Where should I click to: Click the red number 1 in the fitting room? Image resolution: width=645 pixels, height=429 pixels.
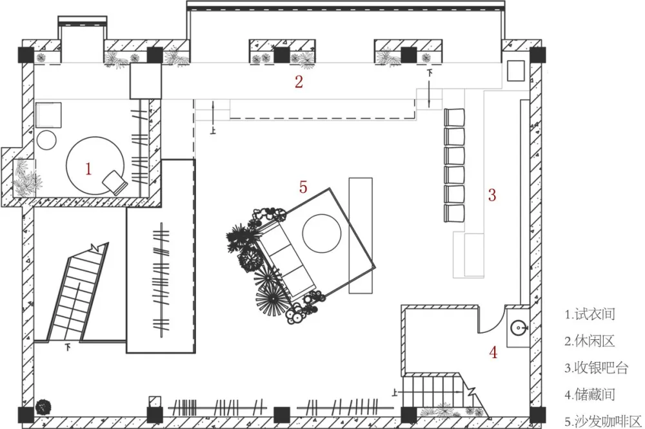point(88,168)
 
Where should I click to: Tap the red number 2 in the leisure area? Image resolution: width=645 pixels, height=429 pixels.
point(299,81)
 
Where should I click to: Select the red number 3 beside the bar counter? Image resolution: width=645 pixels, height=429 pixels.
point(492,195)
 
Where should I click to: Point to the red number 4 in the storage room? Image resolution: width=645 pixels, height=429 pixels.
point(493,352)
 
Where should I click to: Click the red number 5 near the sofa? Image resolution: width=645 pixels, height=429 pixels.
point(303,187)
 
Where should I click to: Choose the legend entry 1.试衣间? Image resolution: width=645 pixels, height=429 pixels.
point(590,314)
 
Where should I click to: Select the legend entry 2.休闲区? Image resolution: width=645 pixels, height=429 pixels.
point(590,341)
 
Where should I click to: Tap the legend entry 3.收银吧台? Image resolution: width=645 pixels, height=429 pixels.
point(597,368)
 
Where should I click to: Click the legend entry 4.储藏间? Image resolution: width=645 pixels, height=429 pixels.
point(590,394)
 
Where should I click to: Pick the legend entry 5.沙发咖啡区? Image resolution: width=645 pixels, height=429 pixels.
point(603,421)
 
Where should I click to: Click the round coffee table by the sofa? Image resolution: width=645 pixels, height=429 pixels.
point(322,234)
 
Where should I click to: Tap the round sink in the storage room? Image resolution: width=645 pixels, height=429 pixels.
point(519,328)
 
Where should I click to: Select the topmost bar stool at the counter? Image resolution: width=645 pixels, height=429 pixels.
point(454,117)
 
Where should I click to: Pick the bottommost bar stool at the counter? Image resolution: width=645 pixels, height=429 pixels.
point(454,213)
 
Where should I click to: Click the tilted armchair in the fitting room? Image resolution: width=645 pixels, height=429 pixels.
point(115,183)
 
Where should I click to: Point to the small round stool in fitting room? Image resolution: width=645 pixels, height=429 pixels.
point(46,140)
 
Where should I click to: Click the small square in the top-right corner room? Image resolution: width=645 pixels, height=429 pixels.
point(516,71)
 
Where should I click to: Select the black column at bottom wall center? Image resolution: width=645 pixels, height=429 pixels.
point(282,415)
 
